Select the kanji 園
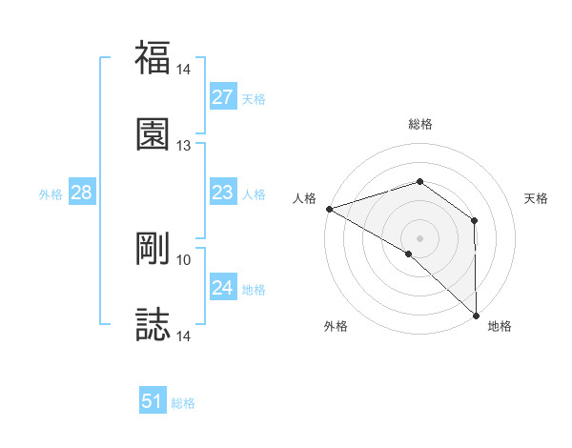coord(153,133)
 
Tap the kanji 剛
coord(153,249)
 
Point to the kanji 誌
coord(153,325)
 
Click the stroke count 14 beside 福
coord(184,70)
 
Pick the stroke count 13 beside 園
coord(184,146)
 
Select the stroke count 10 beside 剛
coord(184,259)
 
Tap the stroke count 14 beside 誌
coord(184,336)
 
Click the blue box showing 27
coord(222,97)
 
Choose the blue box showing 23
coord(222,193)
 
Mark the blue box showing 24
coord(222,288)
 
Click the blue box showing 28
coord(81,193)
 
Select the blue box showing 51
coord(153,401)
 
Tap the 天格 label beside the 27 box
coord(254,99)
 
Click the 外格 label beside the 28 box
coord(51,194)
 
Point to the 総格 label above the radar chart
coord(419,124)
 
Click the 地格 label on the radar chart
coord(500,327)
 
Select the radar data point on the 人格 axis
coord(329,209)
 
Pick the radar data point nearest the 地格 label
coord(475,315)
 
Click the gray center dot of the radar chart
coord(419,237)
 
